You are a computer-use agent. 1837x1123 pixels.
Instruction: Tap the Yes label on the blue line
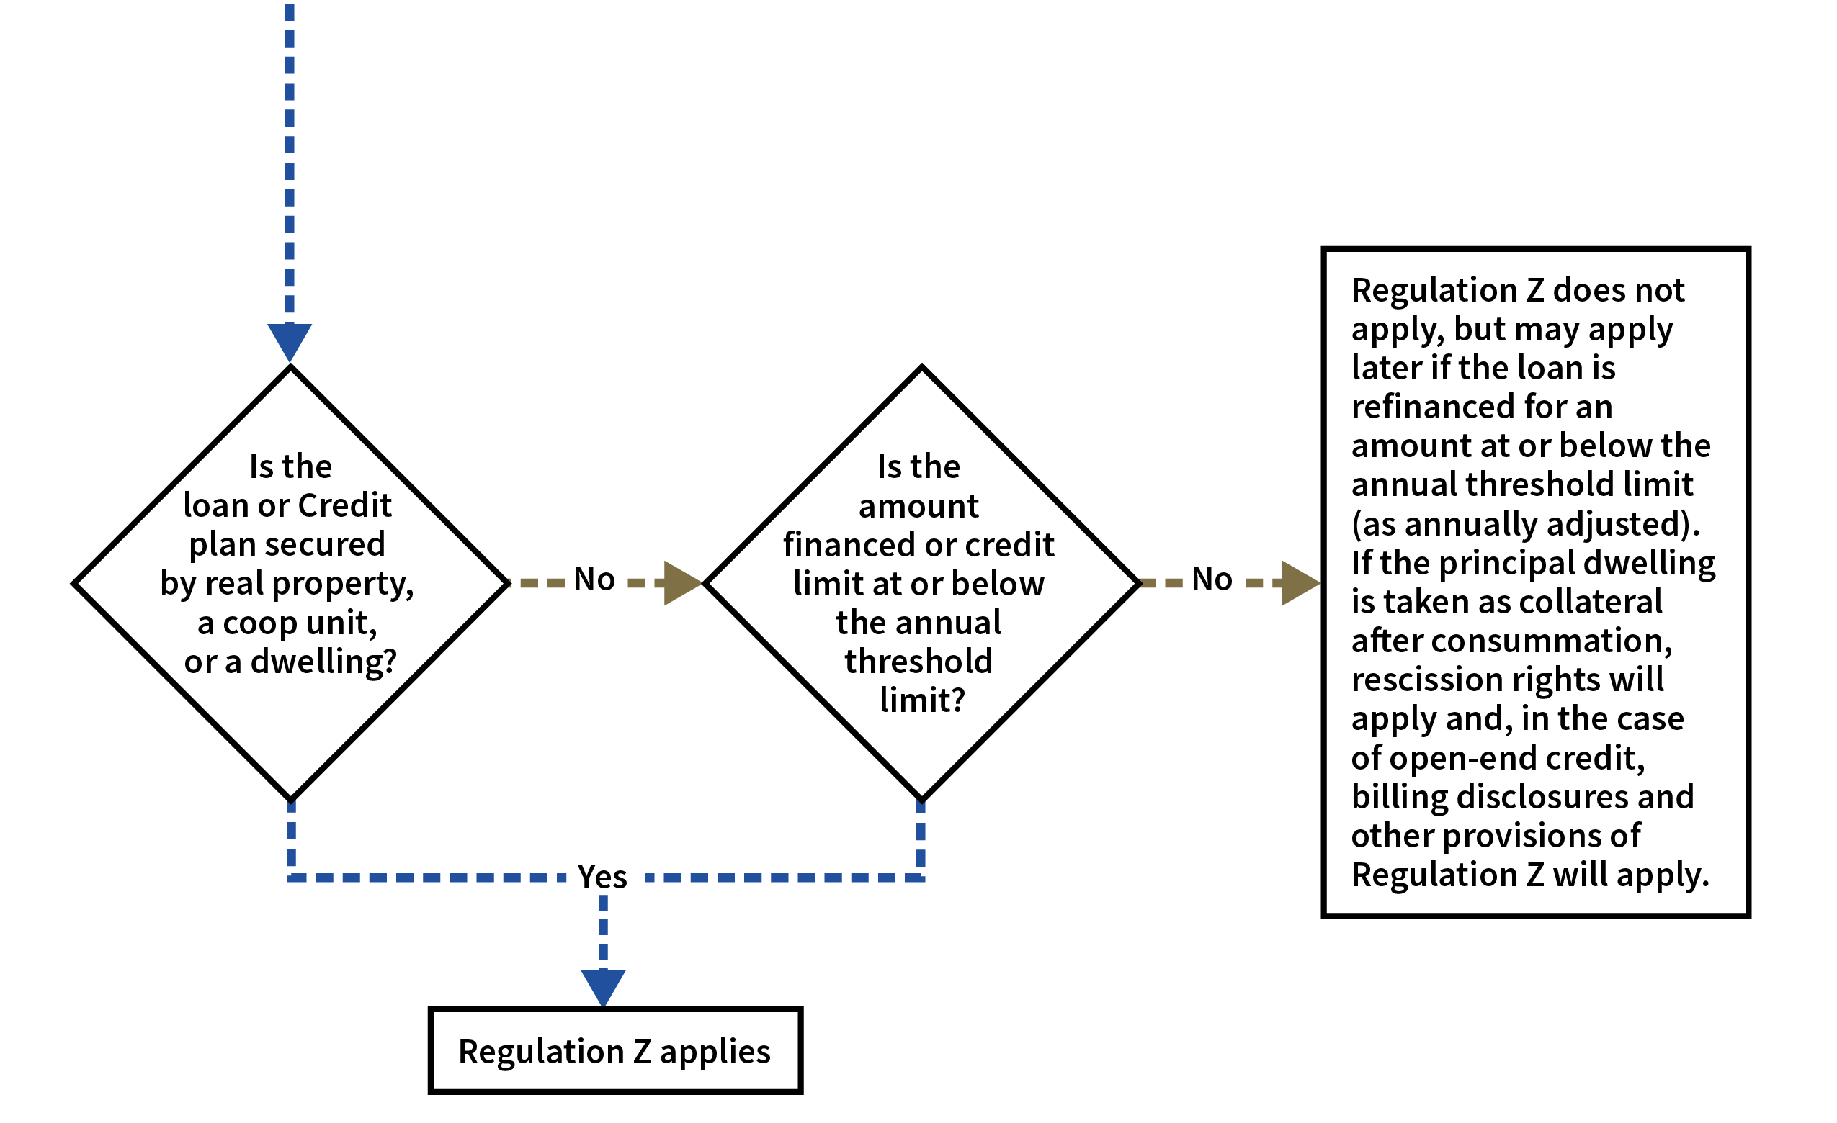point(603,877)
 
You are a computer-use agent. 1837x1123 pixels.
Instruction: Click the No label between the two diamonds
point(594,580)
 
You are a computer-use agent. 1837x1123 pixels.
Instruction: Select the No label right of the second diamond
point(1212,580)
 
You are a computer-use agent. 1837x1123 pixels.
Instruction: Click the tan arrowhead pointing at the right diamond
point(680,583)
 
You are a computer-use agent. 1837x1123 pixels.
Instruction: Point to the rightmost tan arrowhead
point(1298,583)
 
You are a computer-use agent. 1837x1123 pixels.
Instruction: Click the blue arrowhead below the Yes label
point(603,985)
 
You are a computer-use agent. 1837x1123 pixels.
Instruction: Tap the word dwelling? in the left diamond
point(323,662)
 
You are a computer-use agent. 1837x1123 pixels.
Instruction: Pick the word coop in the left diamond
point(259,623)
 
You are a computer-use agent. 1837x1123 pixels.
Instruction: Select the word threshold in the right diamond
point(918,662)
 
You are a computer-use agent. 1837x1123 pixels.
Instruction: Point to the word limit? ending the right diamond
point(921,700)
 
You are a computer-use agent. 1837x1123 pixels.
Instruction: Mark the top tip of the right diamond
point(921,374)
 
